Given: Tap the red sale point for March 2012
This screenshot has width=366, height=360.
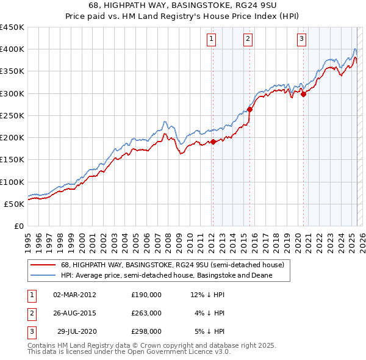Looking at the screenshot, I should click(x=213, y=142).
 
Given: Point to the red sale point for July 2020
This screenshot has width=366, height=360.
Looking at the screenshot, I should click(x=303, y=94).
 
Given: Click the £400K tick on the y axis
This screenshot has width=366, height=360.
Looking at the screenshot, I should click(x=12, y=49).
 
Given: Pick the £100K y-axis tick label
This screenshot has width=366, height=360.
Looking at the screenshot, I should click(x=12, y=182).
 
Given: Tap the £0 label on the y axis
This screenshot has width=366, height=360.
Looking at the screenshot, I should click(x=18, y=226).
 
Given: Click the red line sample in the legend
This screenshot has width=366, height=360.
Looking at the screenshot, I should click(x=42, y=265).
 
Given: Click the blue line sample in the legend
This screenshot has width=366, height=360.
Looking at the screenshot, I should click(x=42, y=275).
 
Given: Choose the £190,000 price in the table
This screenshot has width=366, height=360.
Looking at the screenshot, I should click(x=146, y=295).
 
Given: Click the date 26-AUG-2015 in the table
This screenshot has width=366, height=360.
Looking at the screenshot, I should click(x=75, y=313).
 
